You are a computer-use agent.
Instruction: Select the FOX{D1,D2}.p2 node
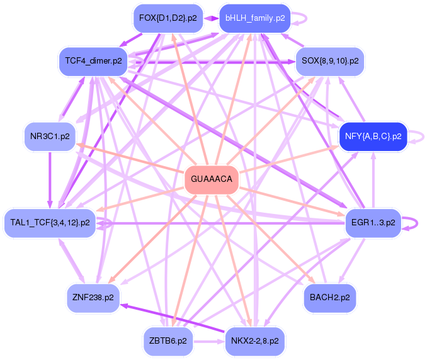point(168,18)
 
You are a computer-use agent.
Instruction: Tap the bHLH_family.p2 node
point(254,18)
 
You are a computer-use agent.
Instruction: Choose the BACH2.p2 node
point(329,296)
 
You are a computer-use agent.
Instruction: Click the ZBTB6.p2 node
point(168,340)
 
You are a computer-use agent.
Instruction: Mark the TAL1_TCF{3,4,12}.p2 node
point(50,222)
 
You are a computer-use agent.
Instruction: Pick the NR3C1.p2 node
point(50,136)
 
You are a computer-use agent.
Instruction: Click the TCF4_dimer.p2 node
point(93,61)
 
